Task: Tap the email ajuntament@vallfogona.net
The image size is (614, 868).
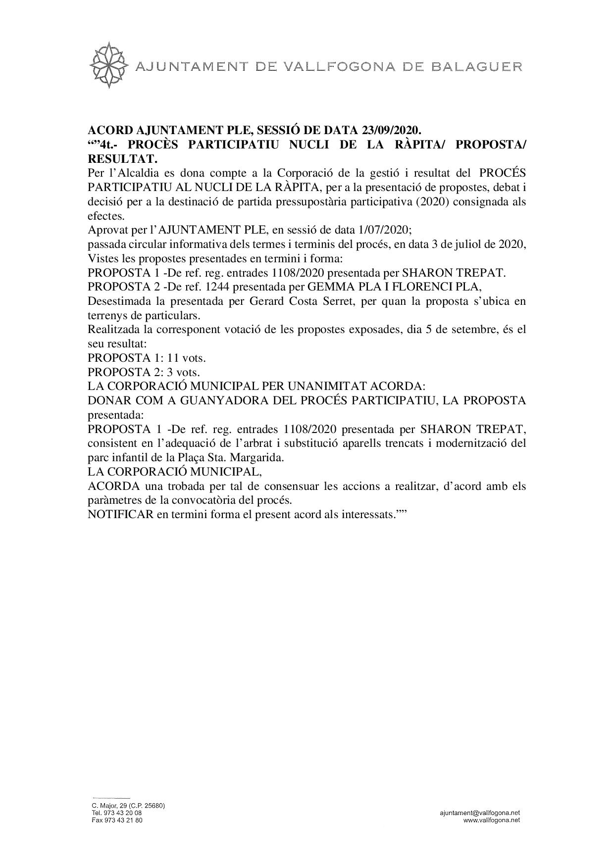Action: [479, 813]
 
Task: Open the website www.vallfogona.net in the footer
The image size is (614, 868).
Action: [491, 820]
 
